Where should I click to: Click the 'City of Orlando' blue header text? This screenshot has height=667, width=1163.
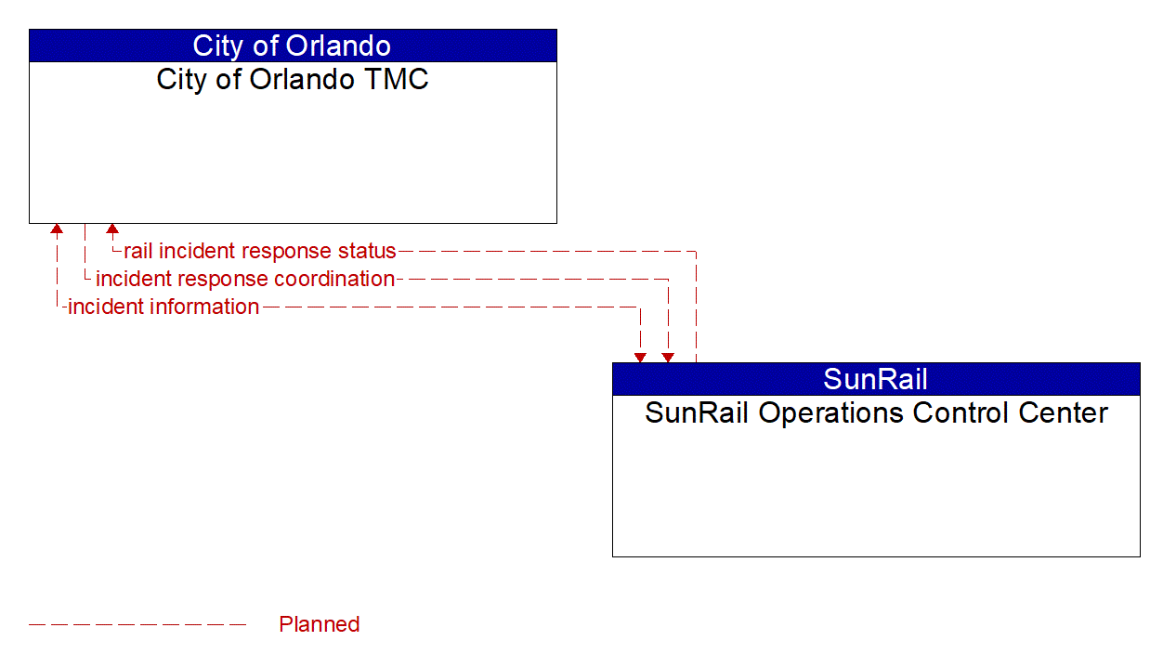point(292,46)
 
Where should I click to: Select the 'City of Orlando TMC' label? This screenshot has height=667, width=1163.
point(293,79)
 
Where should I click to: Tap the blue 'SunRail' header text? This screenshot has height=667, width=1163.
point(875,379)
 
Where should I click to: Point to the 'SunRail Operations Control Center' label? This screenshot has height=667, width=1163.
point(876,413)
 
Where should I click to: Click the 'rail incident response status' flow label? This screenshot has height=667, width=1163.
point(259,251)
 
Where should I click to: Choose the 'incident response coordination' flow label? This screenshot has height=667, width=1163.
point(245,280)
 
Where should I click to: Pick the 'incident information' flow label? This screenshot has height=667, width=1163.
point(163,307)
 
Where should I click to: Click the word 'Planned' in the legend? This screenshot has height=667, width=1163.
point(320,624)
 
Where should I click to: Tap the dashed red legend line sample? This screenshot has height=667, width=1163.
point(137,624)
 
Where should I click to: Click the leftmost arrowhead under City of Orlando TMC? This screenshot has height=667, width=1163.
point(57,229)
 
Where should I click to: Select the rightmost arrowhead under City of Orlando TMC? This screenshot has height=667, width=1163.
point(112,229)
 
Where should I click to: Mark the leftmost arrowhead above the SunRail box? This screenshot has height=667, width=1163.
point(640,358)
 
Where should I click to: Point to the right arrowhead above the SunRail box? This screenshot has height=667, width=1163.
point(668,358)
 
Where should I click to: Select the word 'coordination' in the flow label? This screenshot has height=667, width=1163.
point(334,280)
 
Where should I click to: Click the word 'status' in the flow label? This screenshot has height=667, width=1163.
point(367,251)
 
